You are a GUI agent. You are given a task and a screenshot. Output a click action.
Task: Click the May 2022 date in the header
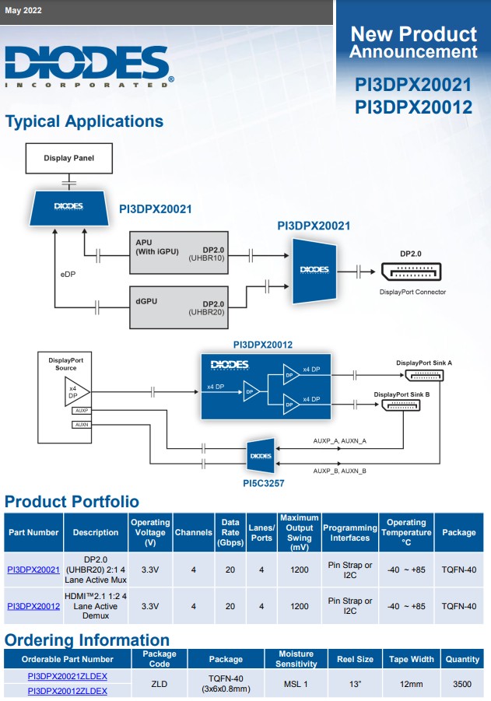(x=23, y=11)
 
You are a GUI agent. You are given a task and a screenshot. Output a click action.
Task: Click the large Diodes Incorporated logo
(x=86, y=65)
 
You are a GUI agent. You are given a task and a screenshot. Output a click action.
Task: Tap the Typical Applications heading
(x=84, y=121)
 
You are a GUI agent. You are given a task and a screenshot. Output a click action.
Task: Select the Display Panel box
(x=68, y=158)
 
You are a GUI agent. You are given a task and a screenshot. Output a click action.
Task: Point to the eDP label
(x=68, y=275)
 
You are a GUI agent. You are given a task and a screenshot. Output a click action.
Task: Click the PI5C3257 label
(x=261, y=482)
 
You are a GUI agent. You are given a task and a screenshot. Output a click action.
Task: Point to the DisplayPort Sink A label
(x=423, y=363)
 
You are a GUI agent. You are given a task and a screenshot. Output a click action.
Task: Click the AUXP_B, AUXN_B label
(x=339, y=471)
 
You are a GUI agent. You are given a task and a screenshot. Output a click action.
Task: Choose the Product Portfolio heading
(x=72, y=501)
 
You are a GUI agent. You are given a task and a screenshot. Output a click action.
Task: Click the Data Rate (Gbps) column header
(x=230, y=532)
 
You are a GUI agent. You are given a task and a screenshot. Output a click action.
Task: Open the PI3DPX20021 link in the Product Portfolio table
(x=33, y=570)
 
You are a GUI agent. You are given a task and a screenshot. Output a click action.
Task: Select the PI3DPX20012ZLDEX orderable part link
(x=68, y=690)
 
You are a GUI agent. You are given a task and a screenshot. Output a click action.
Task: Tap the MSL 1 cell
(x=296, y=683)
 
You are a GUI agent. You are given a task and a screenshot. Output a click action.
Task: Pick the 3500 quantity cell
(x=462, y=683)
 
